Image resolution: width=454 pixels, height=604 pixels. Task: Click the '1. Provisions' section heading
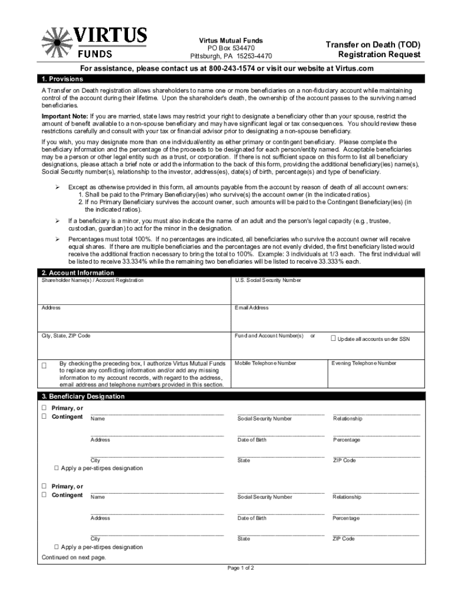pyautogui.click(x=62, y=79)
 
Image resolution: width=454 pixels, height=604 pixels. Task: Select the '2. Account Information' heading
pyautogui.click(x=78, y=273)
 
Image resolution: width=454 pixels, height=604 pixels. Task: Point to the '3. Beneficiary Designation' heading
pyautogui.click(x=83, y=396)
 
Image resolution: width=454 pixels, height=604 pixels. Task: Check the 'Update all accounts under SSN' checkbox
pyautogui.click(x=333, y=339)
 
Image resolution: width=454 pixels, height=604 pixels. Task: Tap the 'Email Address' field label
pyautogui.click(x=252, y=308)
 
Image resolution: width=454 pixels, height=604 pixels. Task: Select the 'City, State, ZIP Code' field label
pyautogui.click(x=66, y=336)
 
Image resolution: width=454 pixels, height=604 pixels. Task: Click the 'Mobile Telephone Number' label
pyautogui.click(x=265, y=363)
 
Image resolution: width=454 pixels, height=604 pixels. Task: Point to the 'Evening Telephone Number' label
pyautogui.click(x=364, y=363)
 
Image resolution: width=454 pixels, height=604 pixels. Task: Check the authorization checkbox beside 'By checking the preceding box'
pyautogui.click(x=44, y=366)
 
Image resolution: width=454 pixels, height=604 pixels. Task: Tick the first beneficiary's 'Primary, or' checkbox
pyautogui.click(x=44, y=408)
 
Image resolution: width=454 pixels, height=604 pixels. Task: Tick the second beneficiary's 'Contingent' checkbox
pyautogui.click(x=44, y=495)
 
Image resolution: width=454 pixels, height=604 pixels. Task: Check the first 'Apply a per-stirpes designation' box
pyautogui.click(x=57, y=468)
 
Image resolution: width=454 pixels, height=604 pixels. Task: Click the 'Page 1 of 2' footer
pyautogui.click(x=241, y=569)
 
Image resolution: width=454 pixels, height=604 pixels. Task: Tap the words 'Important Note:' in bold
pyautogui.click(x=64, y=117)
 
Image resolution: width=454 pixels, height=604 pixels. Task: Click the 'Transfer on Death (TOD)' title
pyautogui.click(x=374, y=45)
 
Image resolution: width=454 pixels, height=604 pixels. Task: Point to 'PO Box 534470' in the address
pyautogui.click(x=231, y=48)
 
